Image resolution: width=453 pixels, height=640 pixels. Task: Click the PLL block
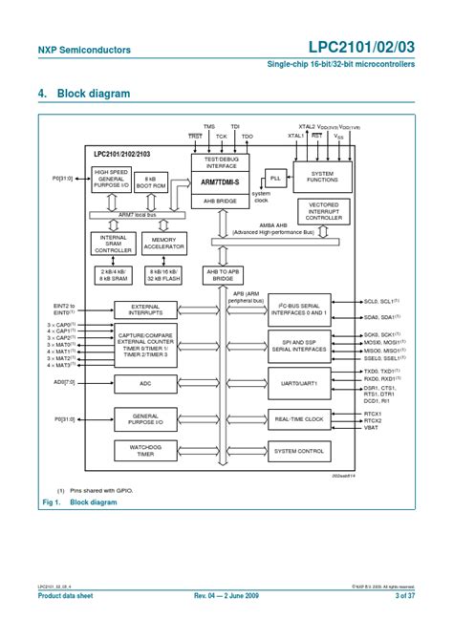pyautogui.click(x=276, y=179)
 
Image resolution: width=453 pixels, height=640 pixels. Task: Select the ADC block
pyautogui.click(x=145, y=383)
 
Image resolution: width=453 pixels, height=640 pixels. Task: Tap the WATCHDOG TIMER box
pyautogui.click(x=145, y=450)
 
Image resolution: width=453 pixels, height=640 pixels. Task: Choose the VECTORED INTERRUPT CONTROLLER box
pyautogui.click(x=330, y=211)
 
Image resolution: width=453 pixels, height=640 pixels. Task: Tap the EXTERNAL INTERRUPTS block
pyautogui.click(x=145, y=309)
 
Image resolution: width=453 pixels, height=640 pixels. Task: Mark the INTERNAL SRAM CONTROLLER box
pyautogui.click(x=111, y=244)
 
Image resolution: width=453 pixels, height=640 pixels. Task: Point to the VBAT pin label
pyautogui.click(x=372, y=429)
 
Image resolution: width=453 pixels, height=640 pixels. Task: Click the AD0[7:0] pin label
pyautogui.click(x=65, y=382)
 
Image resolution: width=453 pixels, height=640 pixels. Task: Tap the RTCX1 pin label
pyautogui.click(x=373, y=413)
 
